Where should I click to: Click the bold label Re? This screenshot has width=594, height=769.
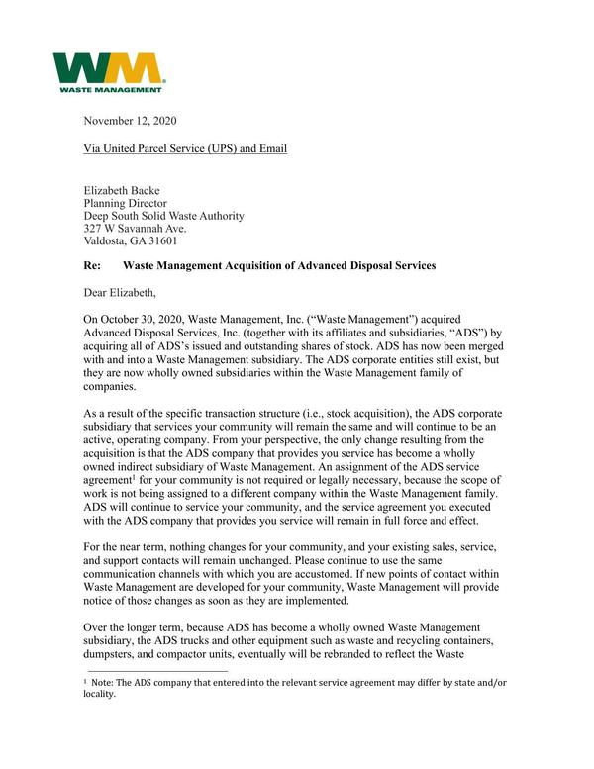tap(95, 266)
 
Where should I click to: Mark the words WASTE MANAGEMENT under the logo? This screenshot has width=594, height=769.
tap(110, 90)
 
